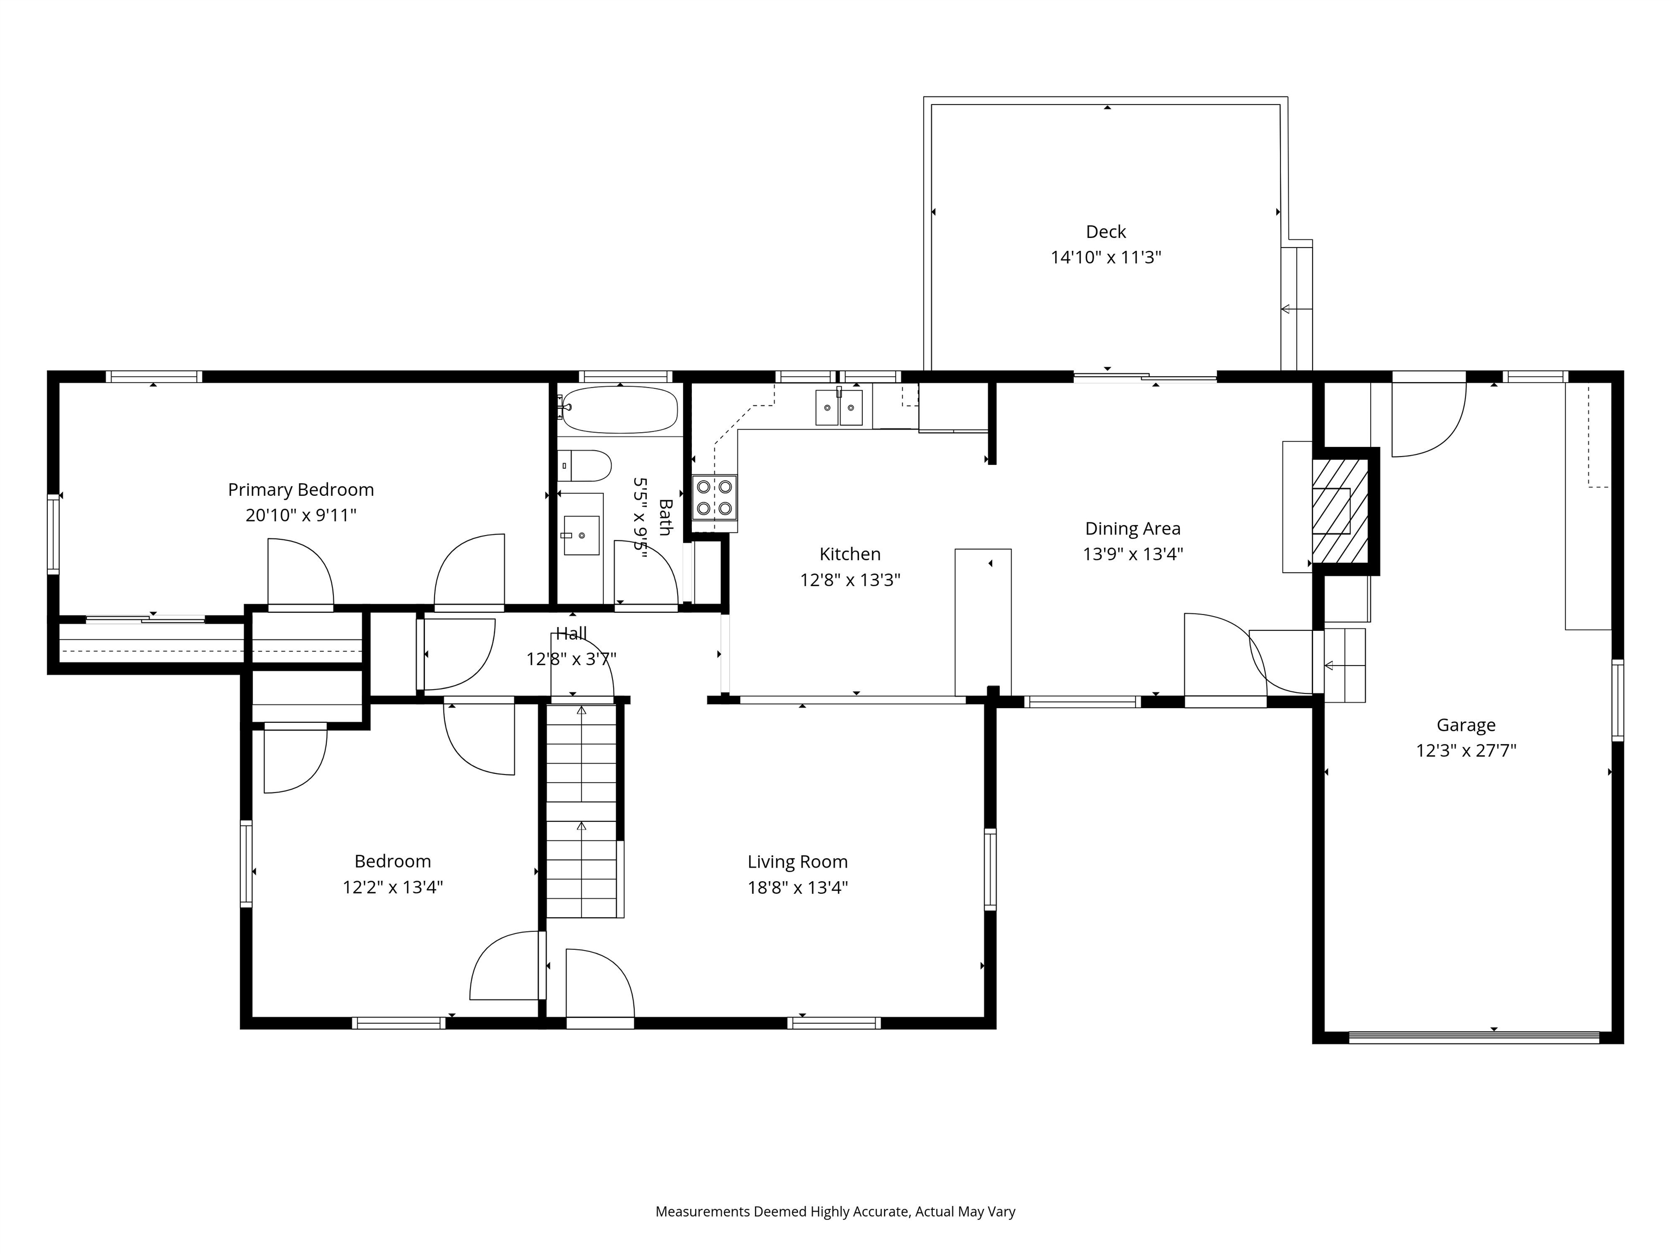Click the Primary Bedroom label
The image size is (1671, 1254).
(301, 490)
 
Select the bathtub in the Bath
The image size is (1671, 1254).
(620, 410)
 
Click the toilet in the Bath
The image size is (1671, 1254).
(585, 465)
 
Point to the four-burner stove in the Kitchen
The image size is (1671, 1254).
(714, 497)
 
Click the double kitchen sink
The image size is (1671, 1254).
(839, 408)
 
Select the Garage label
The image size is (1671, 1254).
(1465, 725)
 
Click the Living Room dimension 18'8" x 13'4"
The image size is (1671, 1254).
(798, 887)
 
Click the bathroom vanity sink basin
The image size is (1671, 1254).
(581, 535)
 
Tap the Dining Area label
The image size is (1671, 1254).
(1132, 528)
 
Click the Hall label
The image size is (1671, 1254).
(571, 634)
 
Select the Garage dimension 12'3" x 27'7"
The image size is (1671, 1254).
(1465, 751)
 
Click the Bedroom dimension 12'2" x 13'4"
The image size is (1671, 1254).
(392, 887)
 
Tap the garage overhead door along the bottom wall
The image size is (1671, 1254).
(1473, 1037)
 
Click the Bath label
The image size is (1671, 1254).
(665, 517)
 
